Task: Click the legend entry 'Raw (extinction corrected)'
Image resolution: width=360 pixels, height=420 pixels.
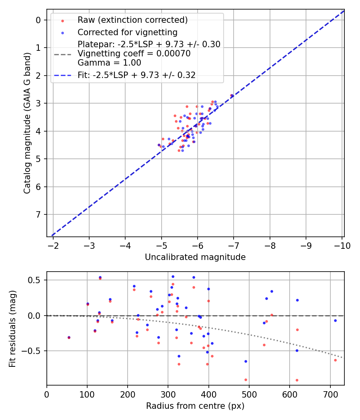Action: [x=132, y=20]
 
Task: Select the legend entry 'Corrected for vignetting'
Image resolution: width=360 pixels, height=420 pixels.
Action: [x=128, y=32]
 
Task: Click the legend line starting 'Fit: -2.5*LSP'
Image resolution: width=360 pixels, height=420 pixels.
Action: [x=136, y=75]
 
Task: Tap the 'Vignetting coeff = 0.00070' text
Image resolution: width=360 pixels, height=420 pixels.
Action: [x=134, y=54]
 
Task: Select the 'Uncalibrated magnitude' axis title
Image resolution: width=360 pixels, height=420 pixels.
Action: [x=195, y=257]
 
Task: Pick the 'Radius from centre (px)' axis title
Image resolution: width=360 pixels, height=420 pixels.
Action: [x=195, y=406]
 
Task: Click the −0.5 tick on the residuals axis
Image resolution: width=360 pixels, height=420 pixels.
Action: [x=33, y=351]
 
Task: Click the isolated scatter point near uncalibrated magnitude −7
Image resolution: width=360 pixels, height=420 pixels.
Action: [x=232, y=95]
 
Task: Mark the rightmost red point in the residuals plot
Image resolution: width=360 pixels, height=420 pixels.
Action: [x=335, y=360]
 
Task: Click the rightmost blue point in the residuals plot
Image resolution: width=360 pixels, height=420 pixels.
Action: [x=335, y=320]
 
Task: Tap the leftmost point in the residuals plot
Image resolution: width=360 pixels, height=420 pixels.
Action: [x=69, y=337]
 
